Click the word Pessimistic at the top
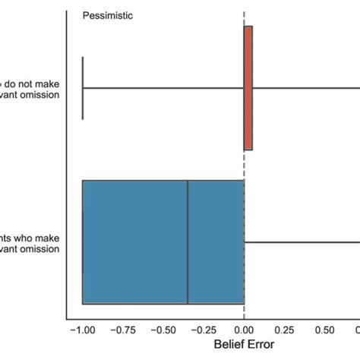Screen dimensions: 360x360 pos(108,14)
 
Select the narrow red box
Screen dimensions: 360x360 pos(248,88)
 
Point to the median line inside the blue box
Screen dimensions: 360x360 pos(188,242)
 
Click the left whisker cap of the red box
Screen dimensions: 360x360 pos(83,88)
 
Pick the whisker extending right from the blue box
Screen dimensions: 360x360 pos(304,242)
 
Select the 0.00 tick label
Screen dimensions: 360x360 pos(244,330)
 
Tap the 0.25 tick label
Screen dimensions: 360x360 pos(284,330)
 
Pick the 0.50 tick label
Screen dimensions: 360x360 pos(324,330)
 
